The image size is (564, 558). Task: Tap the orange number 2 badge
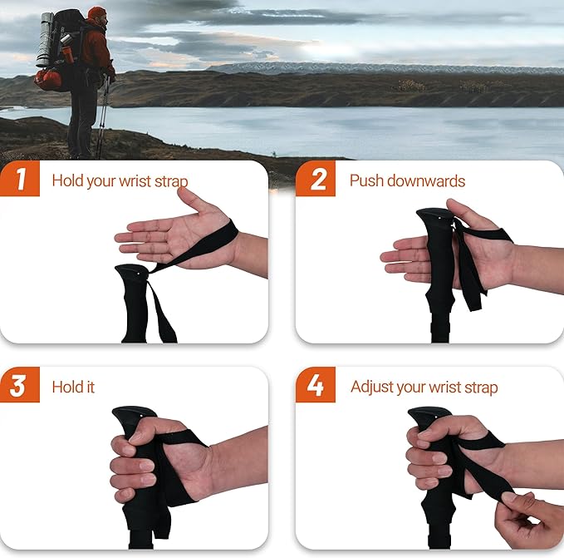(x=316, y=180)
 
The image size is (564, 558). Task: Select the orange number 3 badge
(x=19, y=386)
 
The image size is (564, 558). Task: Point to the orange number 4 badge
(x=316, y=386)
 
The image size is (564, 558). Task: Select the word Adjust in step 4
(x=371, y=388)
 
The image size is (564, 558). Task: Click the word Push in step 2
(x=366, y=180)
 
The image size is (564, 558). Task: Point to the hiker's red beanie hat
(x=96, y=12)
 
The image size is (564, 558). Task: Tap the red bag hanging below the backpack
(x=48, y=80)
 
